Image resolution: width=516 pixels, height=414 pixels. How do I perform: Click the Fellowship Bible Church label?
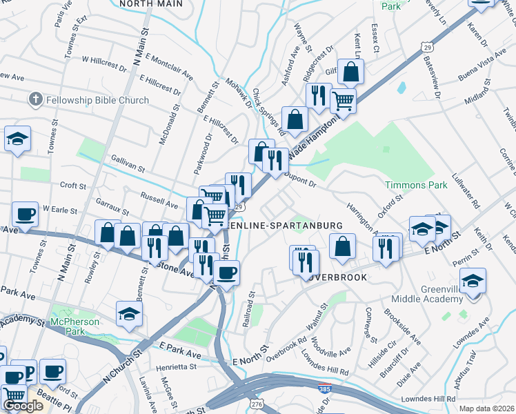pyautogui.click(x=97, y=100)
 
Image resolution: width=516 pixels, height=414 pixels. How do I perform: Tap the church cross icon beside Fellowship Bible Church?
pyautogui.click(x=36, y=100)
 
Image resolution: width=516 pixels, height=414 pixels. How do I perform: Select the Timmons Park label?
pyautogui.click(x=411, y=186)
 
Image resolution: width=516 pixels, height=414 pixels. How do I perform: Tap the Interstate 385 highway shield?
pyautogui.click(x=324, y=391)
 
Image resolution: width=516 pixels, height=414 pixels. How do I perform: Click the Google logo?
pyautogui.click(x=23, y=406)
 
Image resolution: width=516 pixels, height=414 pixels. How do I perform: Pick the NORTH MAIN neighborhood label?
pyautogui.click(x=151, y=3)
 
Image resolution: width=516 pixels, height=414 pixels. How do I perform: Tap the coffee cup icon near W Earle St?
pyautogui.click(x=26, y=215)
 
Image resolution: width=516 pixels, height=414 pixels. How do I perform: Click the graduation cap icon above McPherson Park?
pyautogui.click(x=129, y=314)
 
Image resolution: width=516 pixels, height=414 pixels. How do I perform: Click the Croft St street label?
pyautogui.click(x=73, y=186)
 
